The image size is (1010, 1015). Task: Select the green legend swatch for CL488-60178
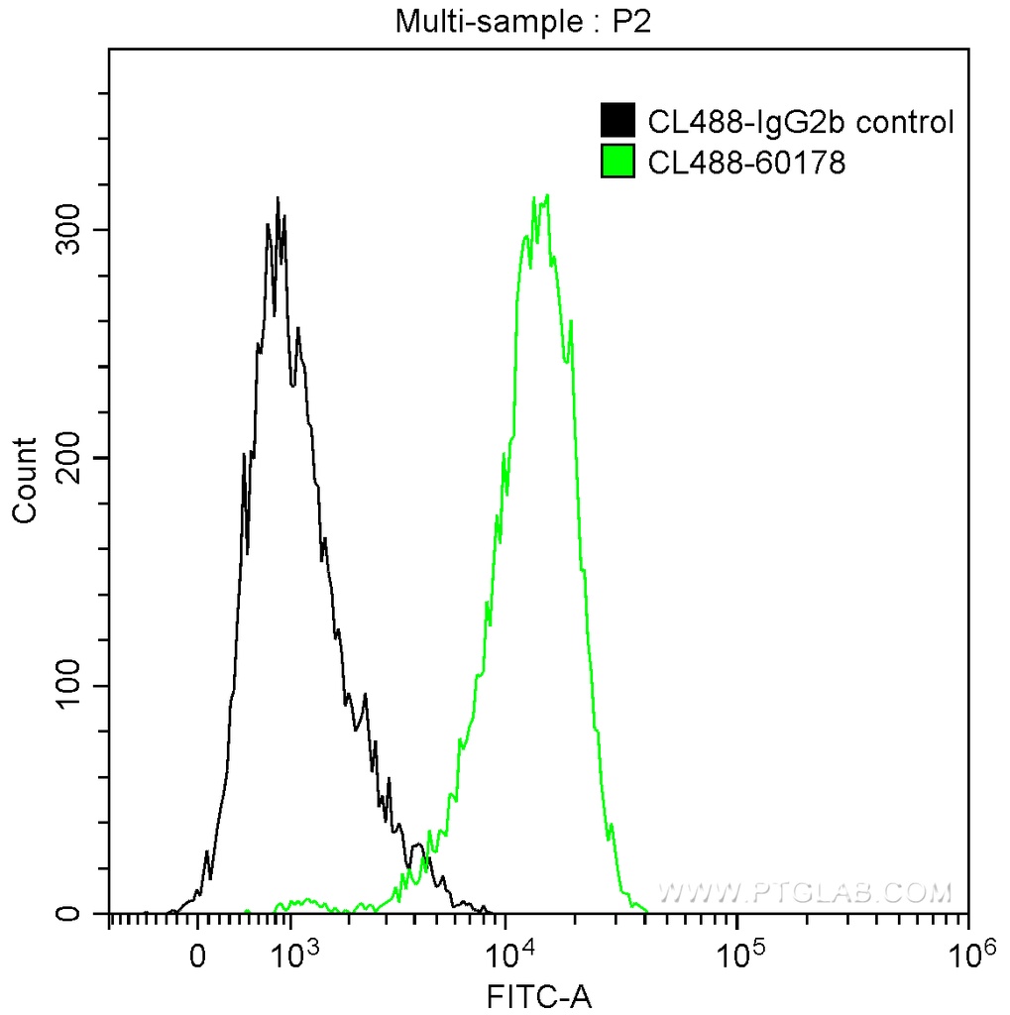[x=617, y=161]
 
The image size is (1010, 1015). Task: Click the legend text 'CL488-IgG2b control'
[x=800, y=122]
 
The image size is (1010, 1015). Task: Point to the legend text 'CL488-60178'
[x=746, y=162]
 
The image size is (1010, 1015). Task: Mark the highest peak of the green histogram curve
[x=546, y=195]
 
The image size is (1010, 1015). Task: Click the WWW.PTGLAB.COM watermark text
[x=805, y=893]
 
